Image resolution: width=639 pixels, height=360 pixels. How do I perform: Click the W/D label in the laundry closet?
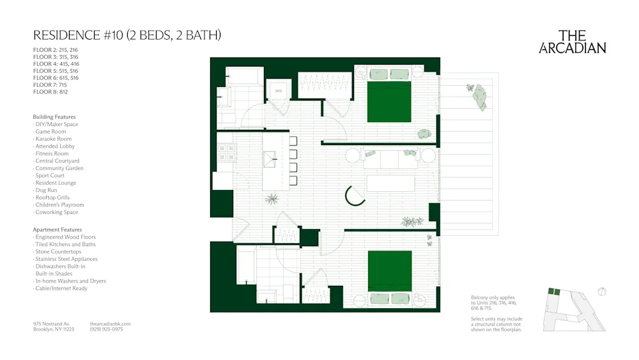[279, 91]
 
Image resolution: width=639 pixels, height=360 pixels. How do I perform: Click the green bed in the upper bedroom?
[389, 101]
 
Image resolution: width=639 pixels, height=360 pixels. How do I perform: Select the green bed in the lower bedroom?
[390, 270]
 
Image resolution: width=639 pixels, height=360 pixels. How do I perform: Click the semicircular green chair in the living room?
[353, 196]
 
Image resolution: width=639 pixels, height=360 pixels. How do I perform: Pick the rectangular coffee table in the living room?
[390, 183]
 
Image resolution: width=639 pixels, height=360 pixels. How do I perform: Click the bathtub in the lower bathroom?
[247, 264]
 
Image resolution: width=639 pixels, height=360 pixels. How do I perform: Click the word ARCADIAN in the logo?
[573, 48]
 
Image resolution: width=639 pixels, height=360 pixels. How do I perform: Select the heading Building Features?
[54, 117]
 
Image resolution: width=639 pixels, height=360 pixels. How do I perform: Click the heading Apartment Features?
[58, 230]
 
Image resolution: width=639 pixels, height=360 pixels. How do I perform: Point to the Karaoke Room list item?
[54, 139]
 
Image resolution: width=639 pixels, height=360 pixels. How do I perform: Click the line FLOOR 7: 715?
[50, 85]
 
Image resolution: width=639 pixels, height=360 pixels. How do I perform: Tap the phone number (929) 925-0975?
[110, 329]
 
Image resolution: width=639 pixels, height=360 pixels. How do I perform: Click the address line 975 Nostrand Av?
[51, 324]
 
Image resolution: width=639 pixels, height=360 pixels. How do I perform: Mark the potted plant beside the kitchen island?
[272, 200]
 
